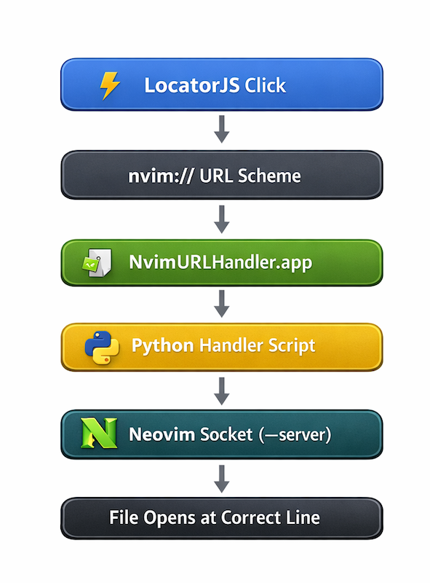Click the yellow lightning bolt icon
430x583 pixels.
point(110,85)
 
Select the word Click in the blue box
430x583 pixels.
point(265,85)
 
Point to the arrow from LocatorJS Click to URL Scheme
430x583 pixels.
point(222,129)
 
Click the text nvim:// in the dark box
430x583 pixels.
point(161,176)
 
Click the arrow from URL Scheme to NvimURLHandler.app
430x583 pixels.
point(222,219)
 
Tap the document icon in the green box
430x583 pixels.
point(97,262)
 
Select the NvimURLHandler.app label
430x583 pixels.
point(220,262)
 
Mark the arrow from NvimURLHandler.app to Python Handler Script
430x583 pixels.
point(222,304)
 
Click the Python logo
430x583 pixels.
point(102,348)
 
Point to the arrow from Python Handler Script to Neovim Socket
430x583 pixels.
point(222,391)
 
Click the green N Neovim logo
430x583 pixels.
point(99,433)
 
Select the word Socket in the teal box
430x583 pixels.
point(226,434)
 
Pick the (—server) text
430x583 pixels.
point(295,434)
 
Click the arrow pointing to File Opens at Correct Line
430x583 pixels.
point(222,479)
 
